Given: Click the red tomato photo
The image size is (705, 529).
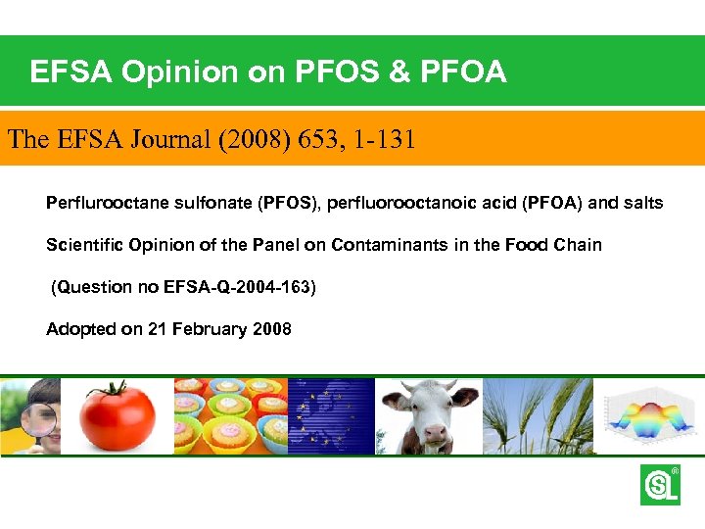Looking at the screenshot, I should (x=117, y=416).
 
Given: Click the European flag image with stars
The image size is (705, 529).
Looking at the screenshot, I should (x=331, y=416).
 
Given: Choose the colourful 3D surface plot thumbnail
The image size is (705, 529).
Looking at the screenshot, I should (x=649, y=416).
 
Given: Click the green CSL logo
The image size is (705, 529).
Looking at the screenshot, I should (x=660, y=485).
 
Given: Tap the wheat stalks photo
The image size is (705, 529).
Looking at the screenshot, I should (x=539, y=416).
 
